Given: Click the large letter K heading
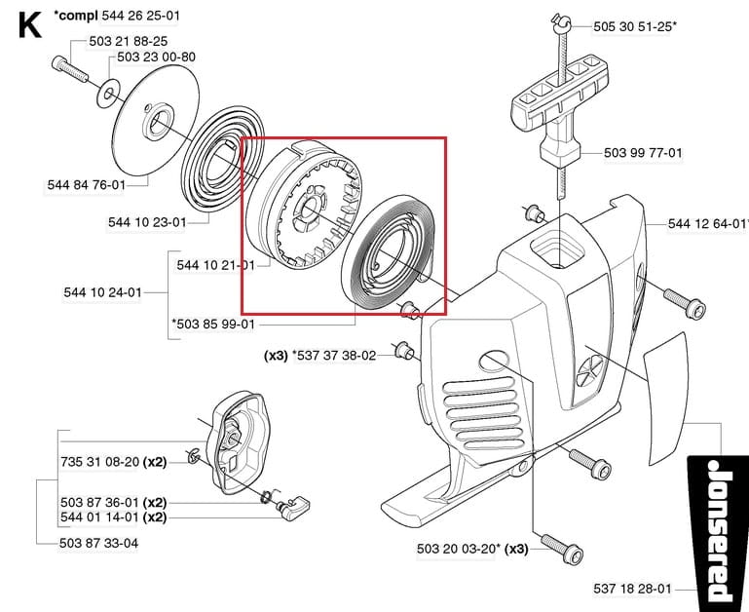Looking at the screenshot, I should click(30, 24).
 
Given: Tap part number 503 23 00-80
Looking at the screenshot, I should click(156, 57).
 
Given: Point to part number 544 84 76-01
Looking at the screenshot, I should click(86, 184).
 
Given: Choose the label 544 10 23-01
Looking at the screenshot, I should click(147, 222).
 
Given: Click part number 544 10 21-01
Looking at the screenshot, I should click(215, 264).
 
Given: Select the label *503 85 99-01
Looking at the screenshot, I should click(212, 325).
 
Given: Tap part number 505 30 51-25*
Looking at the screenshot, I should click(634, 27).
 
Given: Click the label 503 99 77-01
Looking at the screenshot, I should click(643, 153).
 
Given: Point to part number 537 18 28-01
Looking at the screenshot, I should click(632, 589).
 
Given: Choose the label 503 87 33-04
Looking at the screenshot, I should click(98, 543).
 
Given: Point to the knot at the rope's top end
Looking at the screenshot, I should click(561, 20).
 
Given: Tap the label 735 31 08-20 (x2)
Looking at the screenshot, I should click(113, 461).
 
